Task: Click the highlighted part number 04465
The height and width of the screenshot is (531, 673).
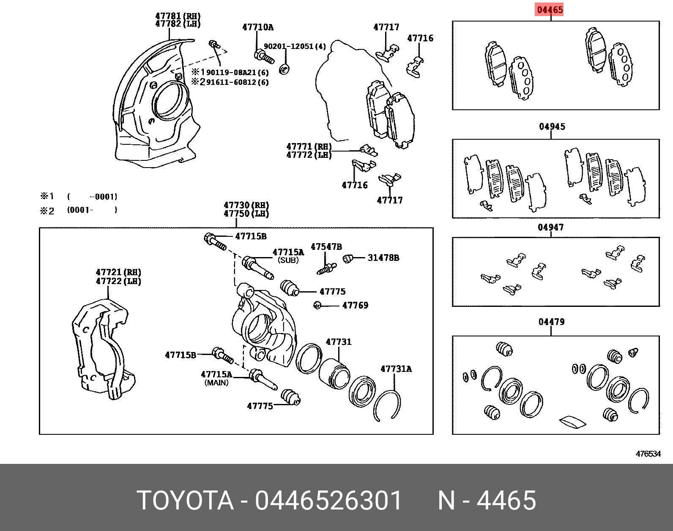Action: pos(550,10)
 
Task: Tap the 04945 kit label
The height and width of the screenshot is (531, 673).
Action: pos(552,127)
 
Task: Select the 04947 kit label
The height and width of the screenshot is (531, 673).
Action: pos(550,228)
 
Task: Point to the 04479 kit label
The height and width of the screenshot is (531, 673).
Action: pos(551,322)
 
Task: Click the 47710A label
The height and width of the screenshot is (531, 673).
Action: pos(258,27)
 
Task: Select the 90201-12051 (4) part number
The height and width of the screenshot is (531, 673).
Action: pos(295,46)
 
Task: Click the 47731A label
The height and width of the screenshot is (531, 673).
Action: pos(396,369)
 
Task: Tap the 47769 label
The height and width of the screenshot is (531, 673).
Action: pos(355,305)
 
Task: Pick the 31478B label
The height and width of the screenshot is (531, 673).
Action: pos(383,257)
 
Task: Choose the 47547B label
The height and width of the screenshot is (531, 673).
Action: pos(326,247)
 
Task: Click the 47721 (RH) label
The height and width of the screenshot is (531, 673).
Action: pos(118,272)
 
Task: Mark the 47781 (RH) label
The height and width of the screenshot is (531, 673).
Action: pos(178,16)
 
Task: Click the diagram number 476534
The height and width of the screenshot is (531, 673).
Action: pos(648,454)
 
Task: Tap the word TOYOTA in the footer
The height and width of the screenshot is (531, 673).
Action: pos(185,501)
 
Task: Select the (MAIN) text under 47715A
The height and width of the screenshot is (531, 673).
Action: pos(216,383)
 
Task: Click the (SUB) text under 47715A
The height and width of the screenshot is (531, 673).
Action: pos(288,260)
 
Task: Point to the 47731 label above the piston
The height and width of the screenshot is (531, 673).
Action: pos(339,342)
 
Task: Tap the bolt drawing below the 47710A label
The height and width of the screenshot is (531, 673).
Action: pos(264,56)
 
